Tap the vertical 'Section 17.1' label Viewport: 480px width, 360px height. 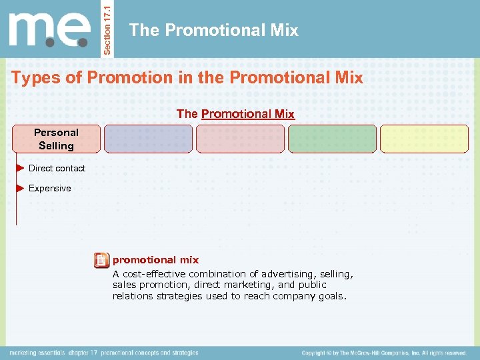(x=110, y=29)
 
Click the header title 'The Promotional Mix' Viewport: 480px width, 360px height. (x=213, y=30)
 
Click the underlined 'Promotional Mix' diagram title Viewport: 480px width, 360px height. (x=247, y=114)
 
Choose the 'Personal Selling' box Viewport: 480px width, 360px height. (x=56, y=139)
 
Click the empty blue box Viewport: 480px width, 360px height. (x=148, y=139)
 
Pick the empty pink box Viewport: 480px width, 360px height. (x=239, y=139)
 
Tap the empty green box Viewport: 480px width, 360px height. (x=332, y=139)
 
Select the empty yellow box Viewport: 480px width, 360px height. (x=424, y=139)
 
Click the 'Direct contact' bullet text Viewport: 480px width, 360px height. (x=57, y=169)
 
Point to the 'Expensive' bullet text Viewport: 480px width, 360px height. (x=49, y=189)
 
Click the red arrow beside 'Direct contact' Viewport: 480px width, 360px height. (x=20, y=168)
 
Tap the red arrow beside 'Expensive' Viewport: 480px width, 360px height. (x=20, y=188)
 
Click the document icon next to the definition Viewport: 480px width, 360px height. (x=101, y=261)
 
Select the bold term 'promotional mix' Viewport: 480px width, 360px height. (x=155, y=260)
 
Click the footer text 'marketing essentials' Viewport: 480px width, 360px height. (x=37, y=353)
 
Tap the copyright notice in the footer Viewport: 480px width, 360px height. (x=383, y=353)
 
